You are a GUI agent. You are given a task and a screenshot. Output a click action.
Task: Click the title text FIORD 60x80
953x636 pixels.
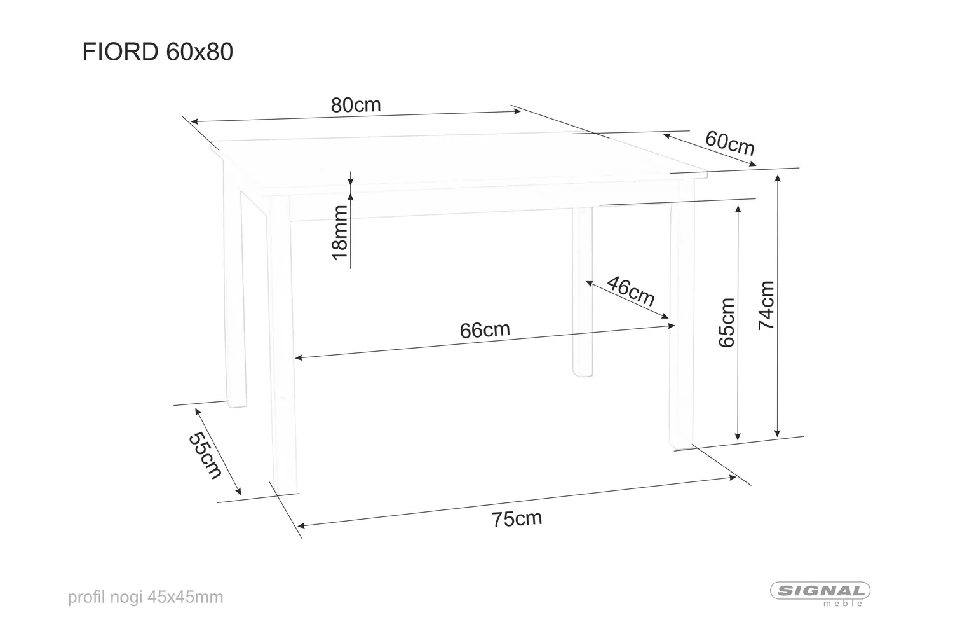(x=158, y=52)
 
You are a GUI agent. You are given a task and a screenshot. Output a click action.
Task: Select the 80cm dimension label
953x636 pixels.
(x=356, y=105)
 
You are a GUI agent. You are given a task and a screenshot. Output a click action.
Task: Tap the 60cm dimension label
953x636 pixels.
(x=730, y=143)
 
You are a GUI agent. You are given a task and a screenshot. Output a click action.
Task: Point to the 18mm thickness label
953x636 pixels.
(x=341, y=232)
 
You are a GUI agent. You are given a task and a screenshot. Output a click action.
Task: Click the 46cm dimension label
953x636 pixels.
(x=630, y=291)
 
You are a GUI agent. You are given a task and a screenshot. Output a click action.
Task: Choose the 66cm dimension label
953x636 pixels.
(x=484, y=330)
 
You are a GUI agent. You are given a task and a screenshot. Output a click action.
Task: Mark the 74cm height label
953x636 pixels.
(x=767, y=305)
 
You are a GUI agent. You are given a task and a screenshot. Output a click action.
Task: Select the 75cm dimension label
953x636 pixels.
(x=517, y=519)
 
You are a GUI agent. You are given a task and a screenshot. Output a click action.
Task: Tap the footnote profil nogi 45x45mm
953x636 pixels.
(x=145, y=597)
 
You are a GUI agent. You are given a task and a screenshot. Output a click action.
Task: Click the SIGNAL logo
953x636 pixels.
(x=820, y=590)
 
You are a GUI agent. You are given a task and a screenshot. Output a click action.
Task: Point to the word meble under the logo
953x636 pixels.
(x=843, y=604)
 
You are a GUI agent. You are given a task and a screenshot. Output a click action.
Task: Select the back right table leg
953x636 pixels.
(x=582, y=293)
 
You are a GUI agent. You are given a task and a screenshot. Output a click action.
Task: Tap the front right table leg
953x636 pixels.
(x=681, y=318)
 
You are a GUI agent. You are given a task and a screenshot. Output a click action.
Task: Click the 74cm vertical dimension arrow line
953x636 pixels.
(x=776, y=305)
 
